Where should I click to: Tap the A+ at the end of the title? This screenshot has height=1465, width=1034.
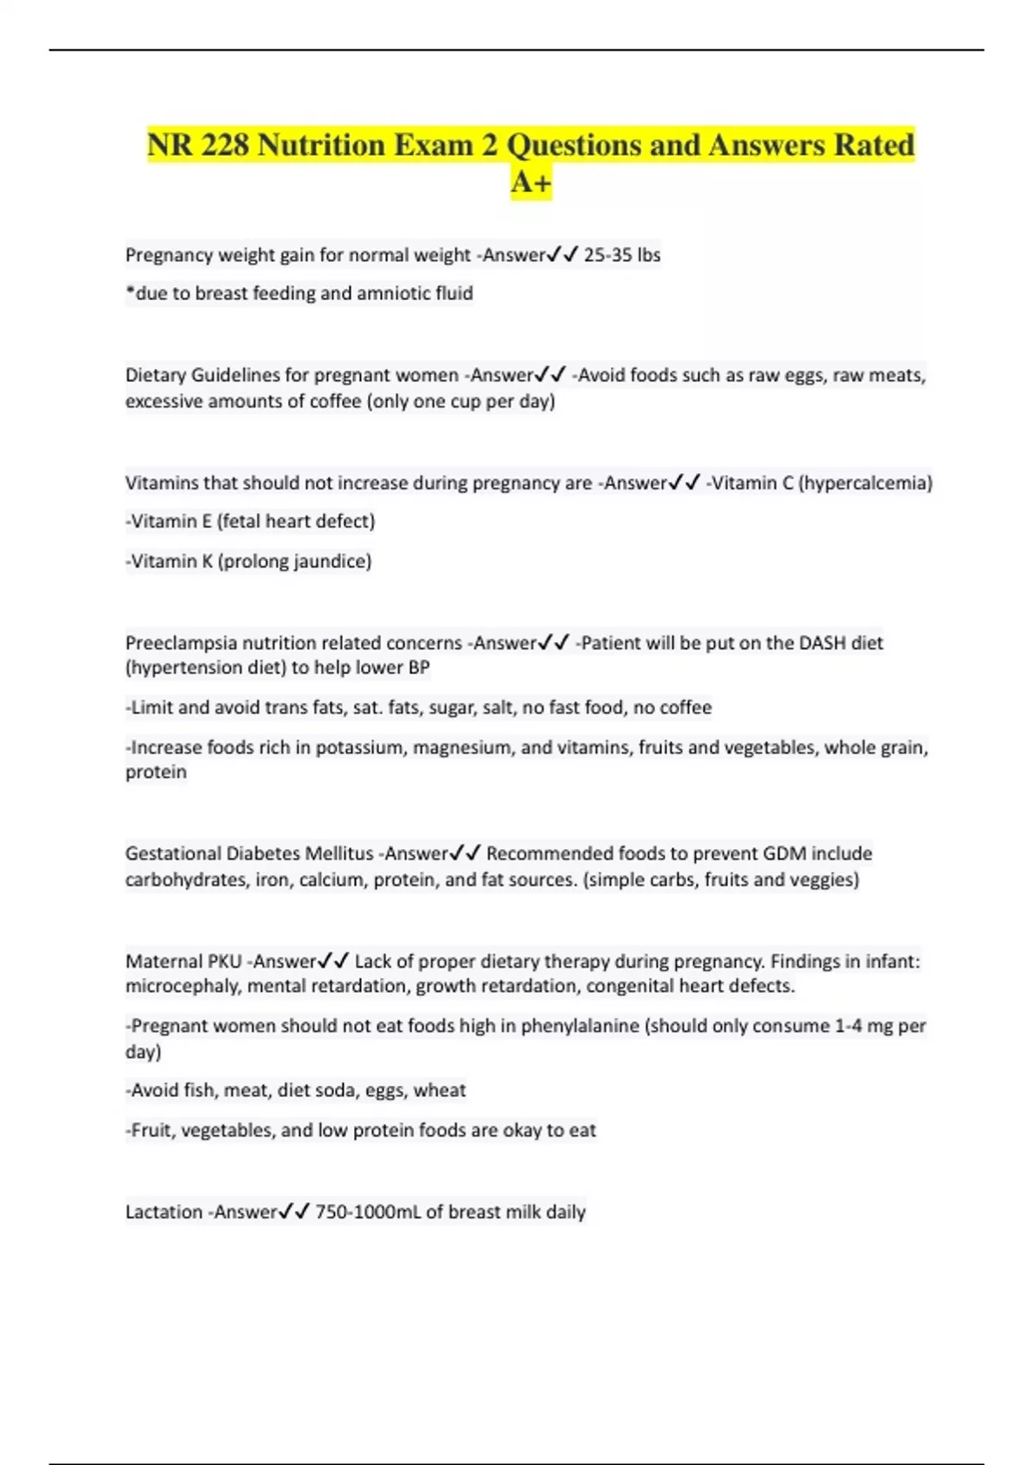pos(531,183)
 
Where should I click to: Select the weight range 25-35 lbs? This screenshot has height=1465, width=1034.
pos(622,255)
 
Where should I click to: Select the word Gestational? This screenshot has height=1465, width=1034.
pos(173,854)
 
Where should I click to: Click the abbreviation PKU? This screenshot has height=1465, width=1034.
pos(224,962)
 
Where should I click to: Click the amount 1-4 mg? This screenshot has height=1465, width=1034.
pos(865,1026)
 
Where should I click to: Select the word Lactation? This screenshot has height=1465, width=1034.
pos(164,1213)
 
